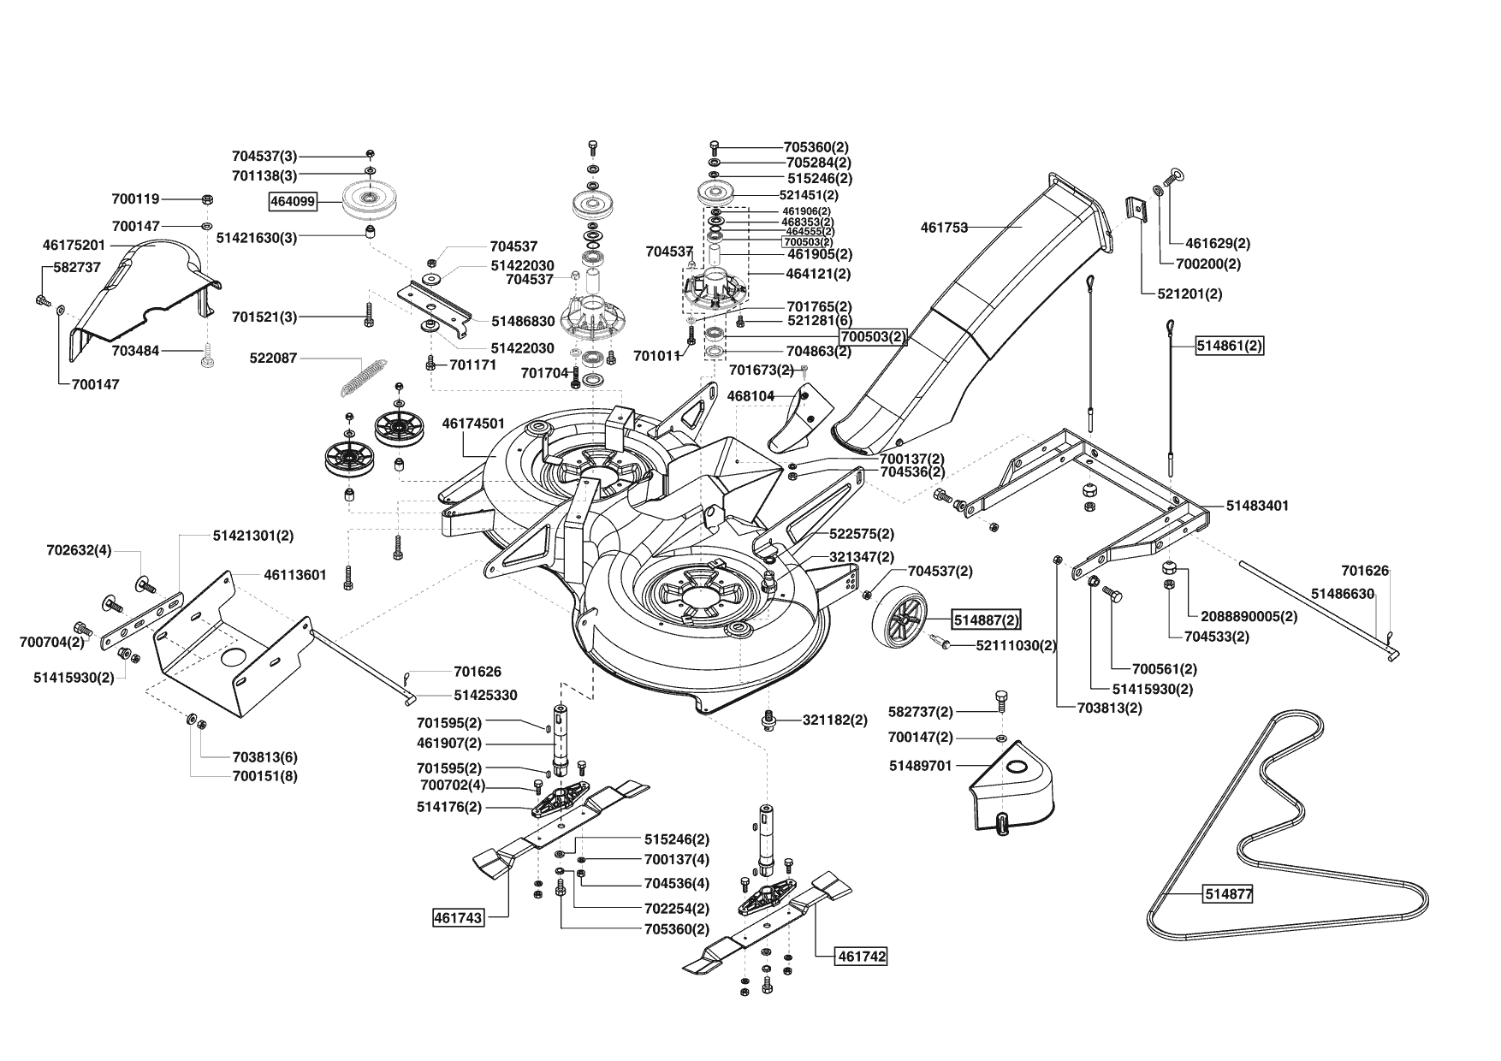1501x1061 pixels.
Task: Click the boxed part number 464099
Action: point(294,202)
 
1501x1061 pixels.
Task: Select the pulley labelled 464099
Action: point(368,201)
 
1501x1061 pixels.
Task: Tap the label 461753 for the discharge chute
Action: point(944,228)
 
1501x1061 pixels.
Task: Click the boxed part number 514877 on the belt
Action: point(1228,894)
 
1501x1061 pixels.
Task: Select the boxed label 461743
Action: point(459,918)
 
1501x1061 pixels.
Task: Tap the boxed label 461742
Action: point(861,957)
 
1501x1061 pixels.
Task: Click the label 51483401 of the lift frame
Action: point(1257,506)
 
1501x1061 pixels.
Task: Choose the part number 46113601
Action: point(295,575)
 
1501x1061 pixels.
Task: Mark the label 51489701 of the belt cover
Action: point(920,766)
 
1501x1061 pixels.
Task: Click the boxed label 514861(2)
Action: point(1230,346)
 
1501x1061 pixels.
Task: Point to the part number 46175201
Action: point(74,245)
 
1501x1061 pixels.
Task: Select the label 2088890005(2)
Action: point(1249,616)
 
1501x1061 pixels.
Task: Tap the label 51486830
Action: point(523,322)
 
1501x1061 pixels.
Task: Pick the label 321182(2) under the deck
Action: point(835,720)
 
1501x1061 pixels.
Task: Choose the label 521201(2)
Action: point(1189,293)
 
